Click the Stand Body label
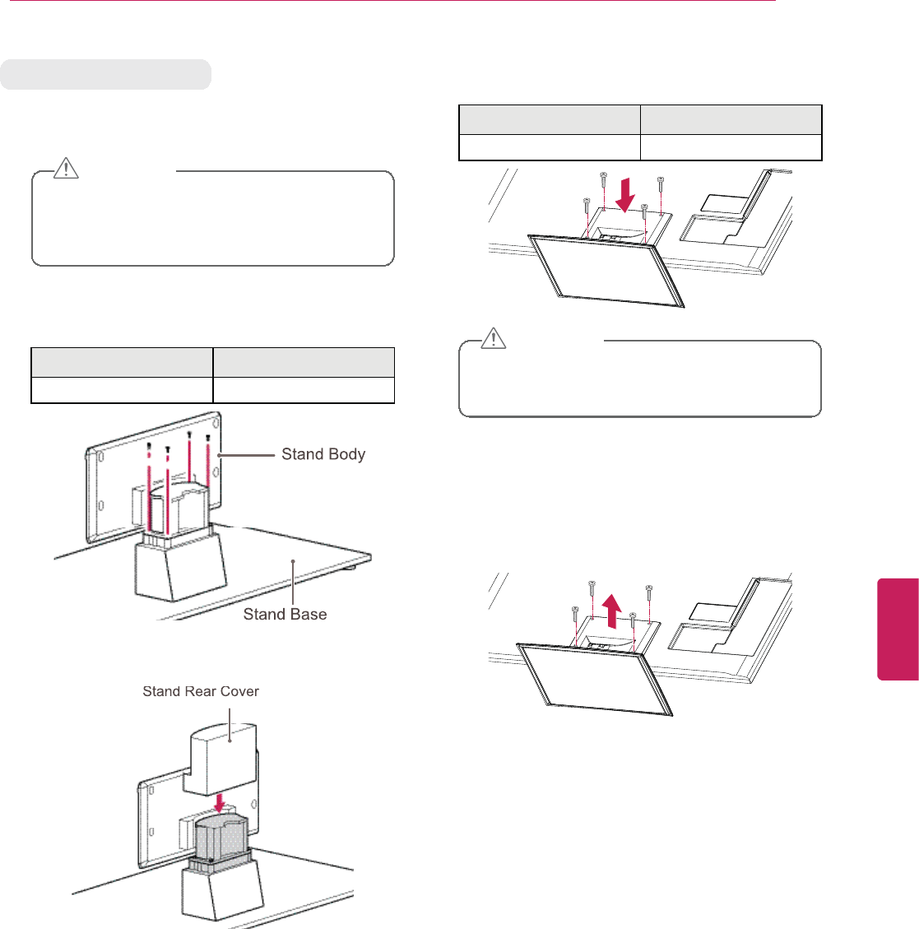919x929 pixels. (x=323, y=454)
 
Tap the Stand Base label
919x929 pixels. (x=285, y=614)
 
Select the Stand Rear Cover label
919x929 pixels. (x=201, y=691)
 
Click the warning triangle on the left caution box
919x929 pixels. (x=66, y=169)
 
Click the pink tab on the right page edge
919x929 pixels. (x=898, y=629)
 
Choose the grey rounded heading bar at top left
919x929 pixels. (x=105, y=74)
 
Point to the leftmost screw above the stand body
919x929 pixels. (x=149, y=449)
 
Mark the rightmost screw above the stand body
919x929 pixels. (x=207, y=439)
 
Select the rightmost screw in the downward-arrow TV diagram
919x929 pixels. (x=660, y=181)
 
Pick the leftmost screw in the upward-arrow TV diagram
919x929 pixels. (x=574, y=611)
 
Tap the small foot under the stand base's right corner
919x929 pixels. (x=352, y=566)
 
